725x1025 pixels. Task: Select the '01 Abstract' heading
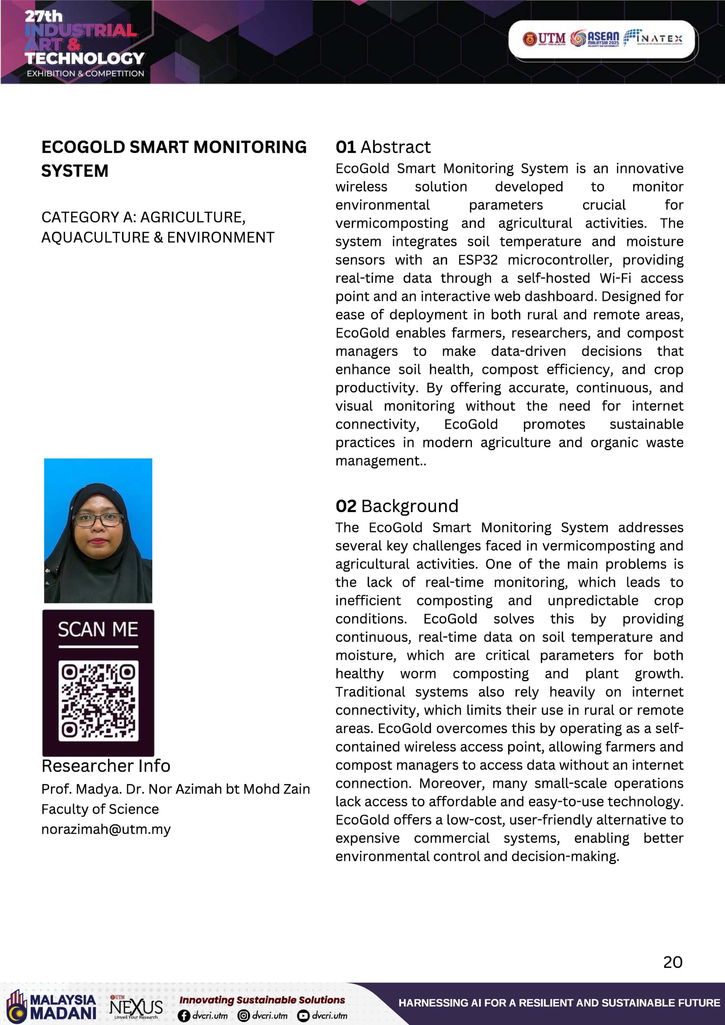[383, 147]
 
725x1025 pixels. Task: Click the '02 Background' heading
[397, 506]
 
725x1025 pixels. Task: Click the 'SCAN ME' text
[98, 629]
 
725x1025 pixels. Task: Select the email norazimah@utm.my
[106, 829]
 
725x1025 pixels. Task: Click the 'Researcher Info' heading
[106, 766]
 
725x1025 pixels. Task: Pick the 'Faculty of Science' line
[100, 809]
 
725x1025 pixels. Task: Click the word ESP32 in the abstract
[478, 260]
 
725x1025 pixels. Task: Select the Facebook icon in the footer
[183, 1016]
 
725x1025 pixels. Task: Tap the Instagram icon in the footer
[244, 1016]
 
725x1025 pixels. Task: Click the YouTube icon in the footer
[303, 1016]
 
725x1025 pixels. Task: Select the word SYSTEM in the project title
[75, 171]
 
